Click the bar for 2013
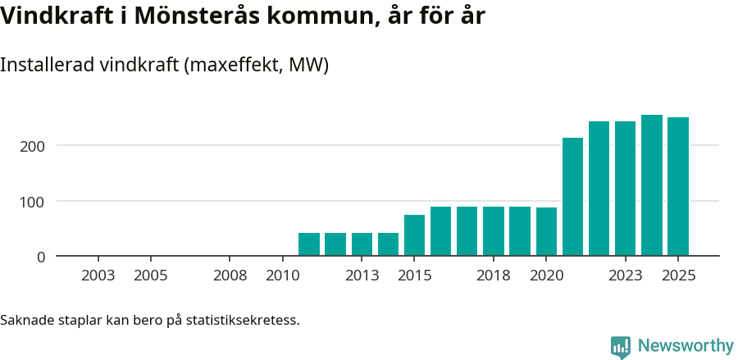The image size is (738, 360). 362,244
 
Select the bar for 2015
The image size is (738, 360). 414,235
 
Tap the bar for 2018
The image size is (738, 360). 494,231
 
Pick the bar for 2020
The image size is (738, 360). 546,231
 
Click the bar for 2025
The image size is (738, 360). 678,186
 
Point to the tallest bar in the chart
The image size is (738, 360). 652,185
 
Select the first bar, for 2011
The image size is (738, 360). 309,244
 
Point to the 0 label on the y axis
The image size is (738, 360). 41,257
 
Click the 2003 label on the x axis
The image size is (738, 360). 98,276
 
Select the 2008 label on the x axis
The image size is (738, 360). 230,276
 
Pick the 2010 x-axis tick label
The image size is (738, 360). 283,276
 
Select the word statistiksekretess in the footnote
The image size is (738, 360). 243,320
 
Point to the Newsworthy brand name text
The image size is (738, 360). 686,346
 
